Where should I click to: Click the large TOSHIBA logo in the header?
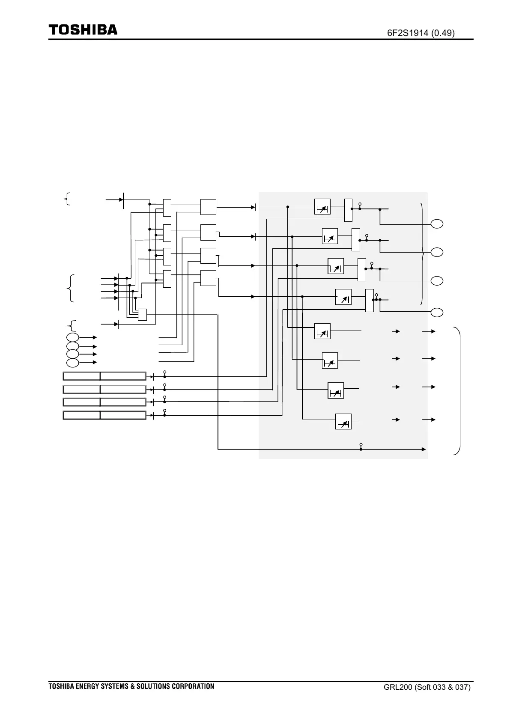point(83,30)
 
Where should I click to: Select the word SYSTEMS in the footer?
point(114,686)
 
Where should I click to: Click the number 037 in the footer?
point(462,688)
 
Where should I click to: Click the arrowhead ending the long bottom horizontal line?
point(424,449)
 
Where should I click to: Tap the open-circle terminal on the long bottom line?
point(361,445)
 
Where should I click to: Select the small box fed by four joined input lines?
point(142,315)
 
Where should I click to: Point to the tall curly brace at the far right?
point(459,390)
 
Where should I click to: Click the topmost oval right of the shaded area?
point(437,223)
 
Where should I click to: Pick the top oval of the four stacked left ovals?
point(73,337)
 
